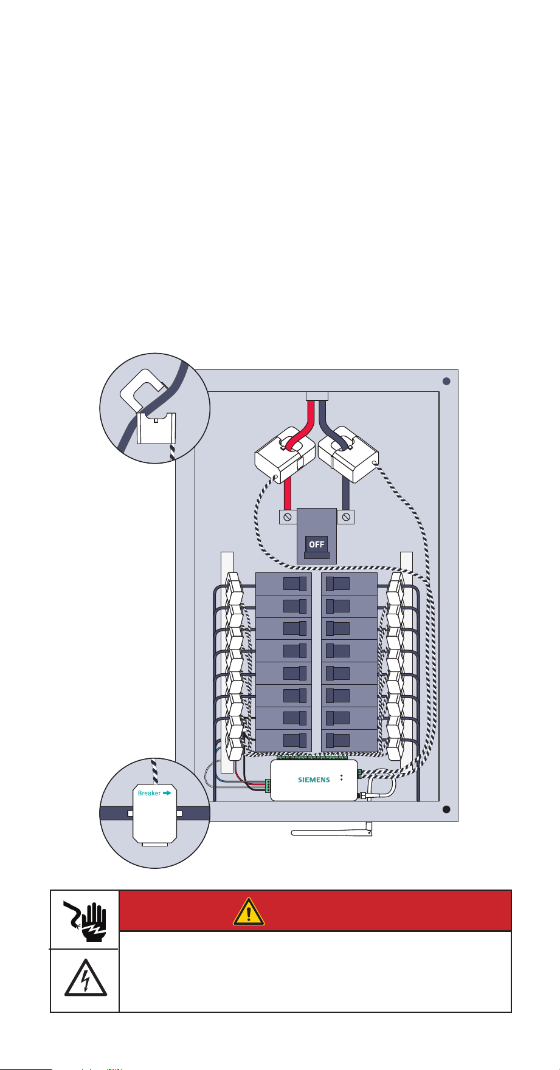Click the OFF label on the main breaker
[316, 544]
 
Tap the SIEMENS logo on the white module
[314, 780]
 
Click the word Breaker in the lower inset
[150, 793]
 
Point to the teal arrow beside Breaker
[167, 793]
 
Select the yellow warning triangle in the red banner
[248, 911]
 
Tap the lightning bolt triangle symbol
[86, 977]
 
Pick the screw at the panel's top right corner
[446, 381]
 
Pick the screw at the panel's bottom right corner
[446, 809]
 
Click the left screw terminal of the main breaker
[288, 516]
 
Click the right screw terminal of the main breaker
[345, 516]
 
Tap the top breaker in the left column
[283, 584]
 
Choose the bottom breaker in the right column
[349, 740]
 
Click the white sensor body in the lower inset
[155, 814]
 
